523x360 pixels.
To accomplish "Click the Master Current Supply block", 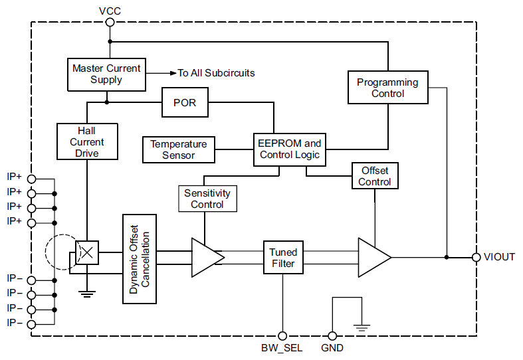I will coord(106,74).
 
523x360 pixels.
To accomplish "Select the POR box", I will coord(185,103).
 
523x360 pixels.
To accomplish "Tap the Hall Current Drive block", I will coord(87,142).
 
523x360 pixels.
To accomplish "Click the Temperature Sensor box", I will coord(179,149).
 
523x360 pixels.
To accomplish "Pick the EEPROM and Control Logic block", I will coord(290,149).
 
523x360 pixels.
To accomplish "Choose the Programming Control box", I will coord(387,88).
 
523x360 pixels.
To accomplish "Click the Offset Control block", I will coord(375,176).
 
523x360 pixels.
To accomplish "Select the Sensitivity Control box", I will coord(207,199).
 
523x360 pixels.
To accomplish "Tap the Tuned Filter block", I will coord(283,258).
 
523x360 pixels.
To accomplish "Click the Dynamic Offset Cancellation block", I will coord(140,259).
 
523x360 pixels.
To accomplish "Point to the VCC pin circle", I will coord(110,22).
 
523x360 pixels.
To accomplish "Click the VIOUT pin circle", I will coord(476,257).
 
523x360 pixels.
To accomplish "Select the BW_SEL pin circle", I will coord(283,336).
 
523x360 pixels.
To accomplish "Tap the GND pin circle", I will coord(332,336).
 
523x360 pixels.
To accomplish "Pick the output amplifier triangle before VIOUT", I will coord(373,257).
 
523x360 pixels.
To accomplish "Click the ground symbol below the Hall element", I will coord(87,290).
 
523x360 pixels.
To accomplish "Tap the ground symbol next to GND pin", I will coord(362,326).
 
